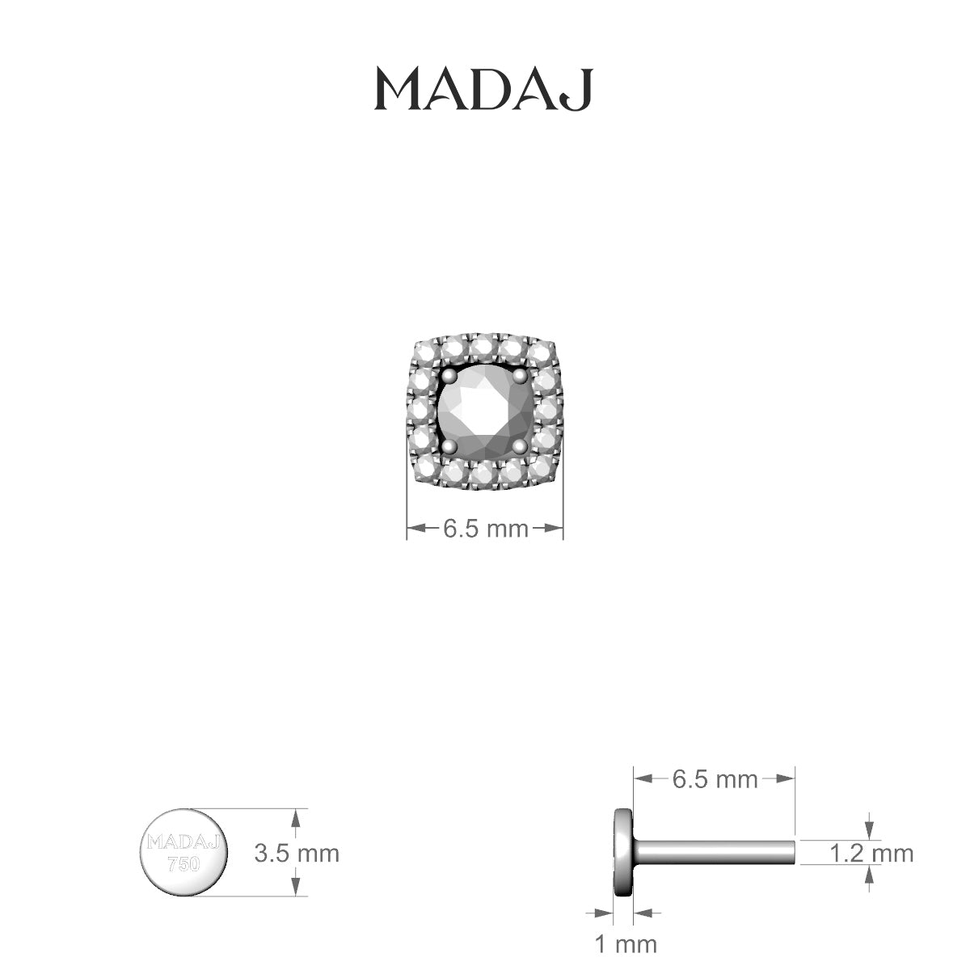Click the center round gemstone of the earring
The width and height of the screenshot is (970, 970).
(x=483, y=410)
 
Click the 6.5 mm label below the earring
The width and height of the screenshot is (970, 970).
(x=484, y=529)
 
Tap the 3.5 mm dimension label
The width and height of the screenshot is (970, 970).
(x=297, y=853)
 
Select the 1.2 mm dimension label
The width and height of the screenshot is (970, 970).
(x=871, y=853)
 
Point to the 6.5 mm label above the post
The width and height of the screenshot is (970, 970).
(x=715, y=779)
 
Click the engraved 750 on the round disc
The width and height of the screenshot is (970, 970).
(x=183, y=863)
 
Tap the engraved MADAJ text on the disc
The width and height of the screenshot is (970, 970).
(x=184, y=842)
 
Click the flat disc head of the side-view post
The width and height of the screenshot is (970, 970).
(x=622, y=852)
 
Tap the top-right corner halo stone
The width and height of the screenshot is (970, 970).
(x=542, y=354)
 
